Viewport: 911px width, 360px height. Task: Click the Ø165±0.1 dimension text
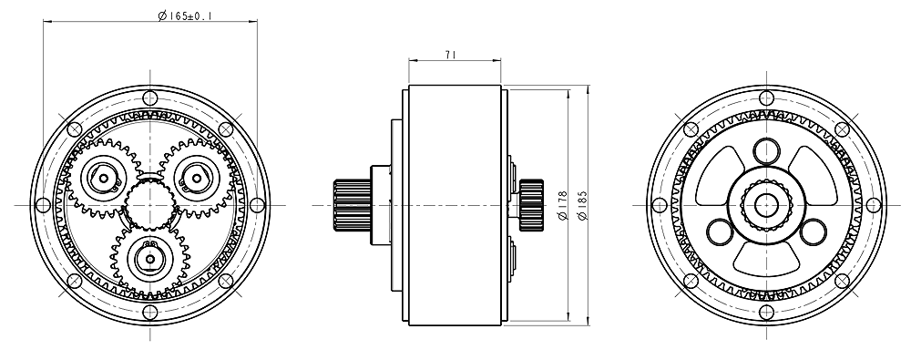185,15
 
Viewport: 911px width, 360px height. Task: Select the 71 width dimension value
450,55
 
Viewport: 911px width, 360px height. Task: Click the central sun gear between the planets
150,205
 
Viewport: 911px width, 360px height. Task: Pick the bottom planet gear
150,259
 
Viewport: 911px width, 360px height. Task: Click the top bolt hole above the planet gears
150,98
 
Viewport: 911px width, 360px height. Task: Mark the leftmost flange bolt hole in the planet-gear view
43,205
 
